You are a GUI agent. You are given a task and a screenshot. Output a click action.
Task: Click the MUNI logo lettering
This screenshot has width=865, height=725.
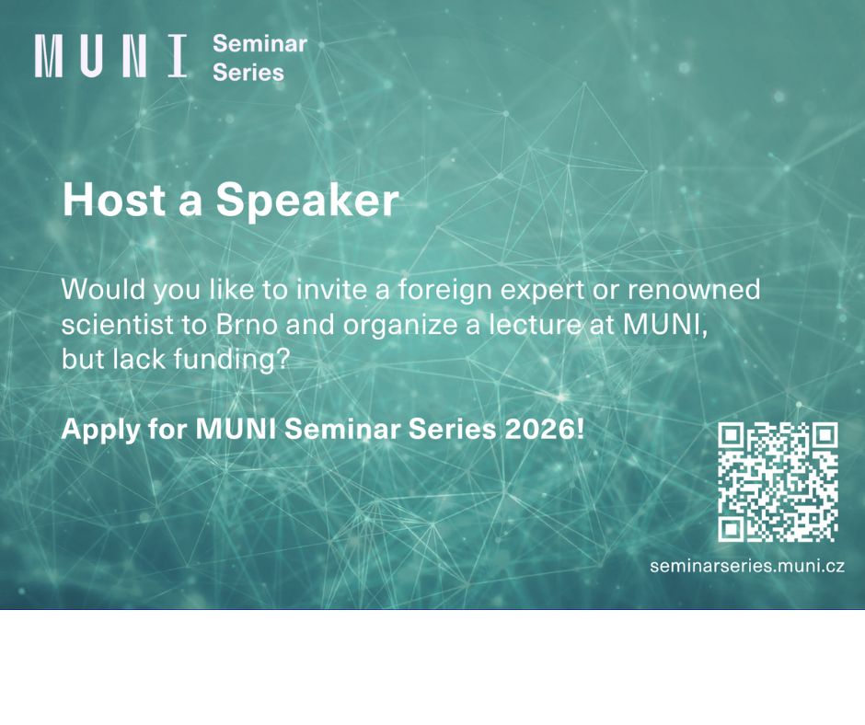pyautogui.click(x=110, y=56)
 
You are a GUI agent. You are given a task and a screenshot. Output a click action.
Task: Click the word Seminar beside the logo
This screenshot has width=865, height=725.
pyautogui.click(x=259, y=43)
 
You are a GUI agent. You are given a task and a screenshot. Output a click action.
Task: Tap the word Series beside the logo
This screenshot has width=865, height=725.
pyautogui.click(x=248, y=73)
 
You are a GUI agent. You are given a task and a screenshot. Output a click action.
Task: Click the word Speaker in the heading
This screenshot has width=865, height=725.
pyautogui.click(x=307, y=201)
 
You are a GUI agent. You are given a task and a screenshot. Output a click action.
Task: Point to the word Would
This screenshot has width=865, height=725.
pyautogui.click(x=103, y=289)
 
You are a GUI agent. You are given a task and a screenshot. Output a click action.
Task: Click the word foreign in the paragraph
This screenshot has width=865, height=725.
pyautogui.click(x=445, y=292)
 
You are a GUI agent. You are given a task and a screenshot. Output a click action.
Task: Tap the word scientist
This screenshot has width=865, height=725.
pyautogui.click(x=117, y=325)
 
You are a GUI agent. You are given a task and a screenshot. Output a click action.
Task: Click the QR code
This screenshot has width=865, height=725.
pyautogui.click(x=778, y=482)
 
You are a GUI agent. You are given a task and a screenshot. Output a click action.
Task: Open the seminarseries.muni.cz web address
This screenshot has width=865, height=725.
pyautogui.click(x=747, y=566)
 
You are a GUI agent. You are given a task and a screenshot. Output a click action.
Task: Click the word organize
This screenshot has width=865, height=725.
pyautogui.click(x=401, y=327)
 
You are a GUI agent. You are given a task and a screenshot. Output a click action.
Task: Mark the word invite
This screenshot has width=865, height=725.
pyautogui.click(x=331, y=289)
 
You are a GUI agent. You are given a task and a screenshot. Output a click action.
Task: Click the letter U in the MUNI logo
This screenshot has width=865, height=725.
pyautogui.click(x=91, y=56)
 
